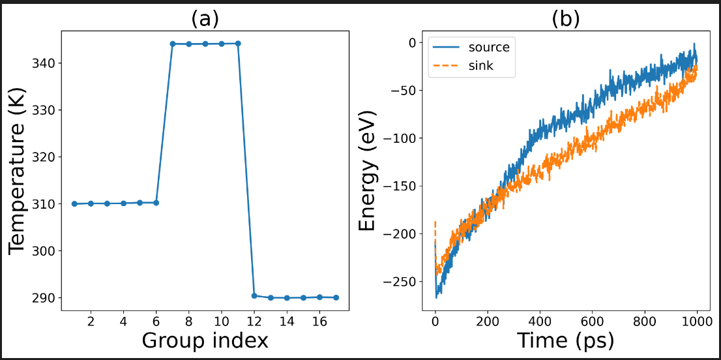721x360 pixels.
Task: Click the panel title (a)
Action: coord(205,19)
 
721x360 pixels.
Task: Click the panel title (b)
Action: coord(565,19)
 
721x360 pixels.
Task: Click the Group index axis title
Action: coord(205,340)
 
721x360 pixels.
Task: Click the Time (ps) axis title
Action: coord(565,340)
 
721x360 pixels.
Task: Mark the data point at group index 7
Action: coord(173,44)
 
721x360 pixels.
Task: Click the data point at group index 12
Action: coord(254,295)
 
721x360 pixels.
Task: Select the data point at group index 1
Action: coord(75,203)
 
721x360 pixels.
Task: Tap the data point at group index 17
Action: coord(336,297)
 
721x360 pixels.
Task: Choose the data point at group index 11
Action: coord(238,44)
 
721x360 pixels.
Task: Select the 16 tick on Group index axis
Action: coord(319,322)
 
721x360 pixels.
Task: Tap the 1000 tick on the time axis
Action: coord(697,322)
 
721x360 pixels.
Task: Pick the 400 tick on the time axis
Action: coord(540,322)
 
